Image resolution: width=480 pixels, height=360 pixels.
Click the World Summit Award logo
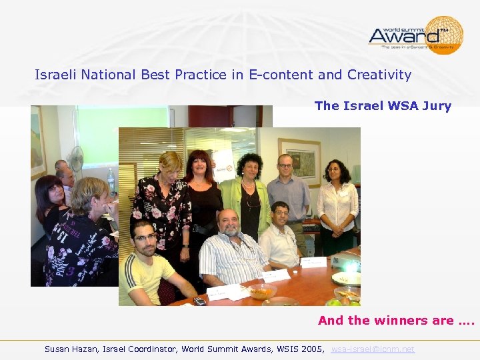point(415,35)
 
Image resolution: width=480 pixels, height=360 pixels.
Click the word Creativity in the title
point(379,75)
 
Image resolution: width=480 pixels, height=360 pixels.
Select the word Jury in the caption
point(436,105)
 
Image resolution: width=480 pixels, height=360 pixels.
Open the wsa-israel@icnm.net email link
point(373,349)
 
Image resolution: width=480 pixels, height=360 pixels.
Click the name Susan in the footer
point(59,349)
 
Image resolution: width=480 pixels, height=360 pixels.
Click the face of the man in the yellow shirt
point(143,235)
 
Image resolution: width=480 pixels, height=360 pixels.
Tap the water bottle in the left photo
point(111,180)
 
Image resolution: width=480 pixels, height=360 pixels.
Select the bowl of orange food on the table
point(261,291)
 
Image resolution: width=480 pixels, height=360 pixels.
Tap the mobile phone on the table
point(199,301)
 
